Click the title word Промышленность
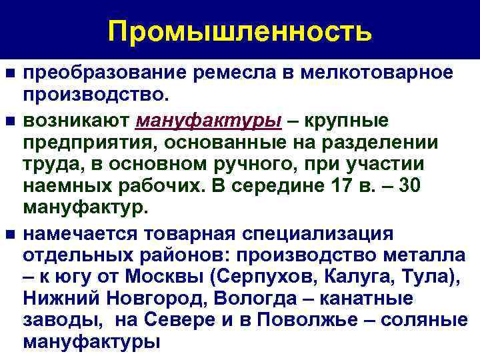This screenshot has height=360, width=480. (239, 31)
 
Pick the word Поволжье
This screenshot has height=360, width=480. (314, 319)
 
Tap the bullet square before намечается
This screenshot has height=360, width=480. (9, 235)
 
